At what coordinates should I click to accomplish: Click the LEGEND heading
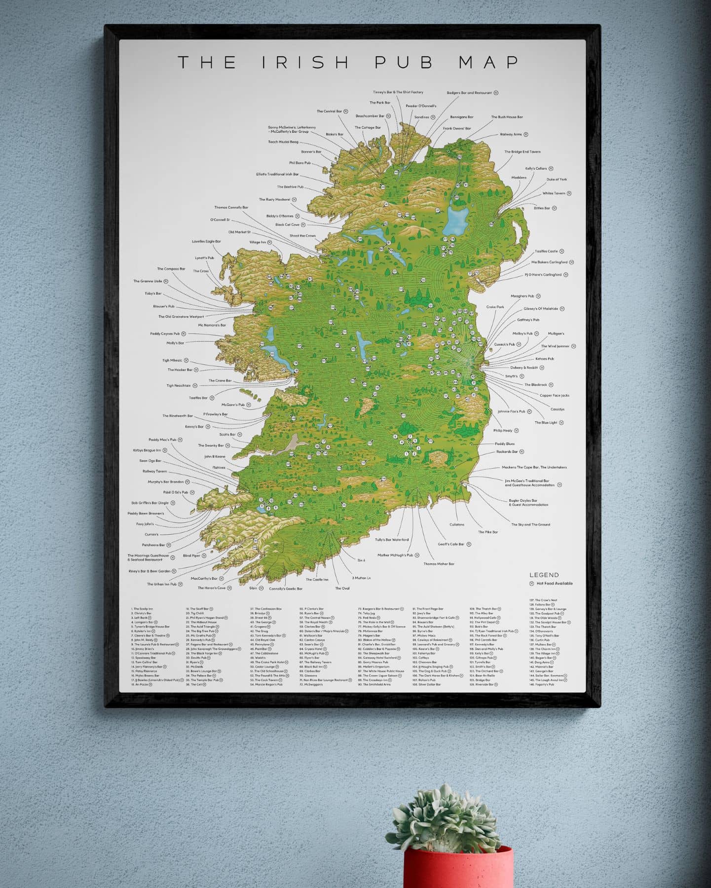tap(544, 575)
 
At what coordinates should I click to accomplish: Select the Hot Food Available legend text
tap(554, 583)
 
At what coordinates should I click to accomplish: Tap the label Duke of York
tap(557, 180)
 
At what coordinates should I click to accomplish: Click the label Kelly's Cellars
tap(536, 169)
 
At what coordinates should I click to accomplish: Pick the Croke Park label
tap(495, 307)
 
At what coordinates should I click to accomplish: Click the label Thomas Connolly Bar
tap(231, 208)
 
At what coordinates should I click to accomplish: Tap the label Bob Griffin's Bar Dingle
tap(150, 503)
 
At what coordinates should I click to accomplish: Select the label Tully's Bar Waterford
tap(392, 540)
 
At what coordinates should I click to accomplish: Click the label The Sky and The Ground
tap(530, 524)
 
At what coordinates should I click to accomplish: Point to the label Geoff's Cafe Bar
tap(451, 544)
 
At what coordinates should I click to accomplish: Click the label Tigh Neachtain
tap(178, 386)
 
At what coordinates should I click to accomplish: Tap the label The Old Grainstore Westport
tap(181, 317)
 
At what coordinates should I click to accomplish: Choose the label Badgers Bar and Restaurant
tap(469, 93)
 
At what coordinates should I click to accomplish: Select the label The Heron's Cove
tap(211, 588)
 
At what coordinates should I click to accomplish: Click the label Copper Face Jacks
tap(554, 395)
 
